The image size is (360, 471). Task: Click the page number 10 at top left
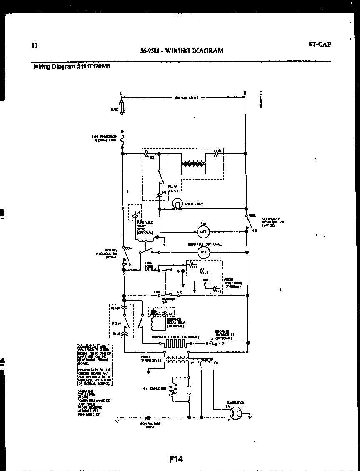34,45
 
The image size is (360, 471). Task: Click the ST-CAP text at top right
320,44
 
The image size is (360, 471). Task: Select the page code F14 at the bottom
176,459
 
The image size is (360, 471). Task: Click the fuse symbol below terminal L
122,109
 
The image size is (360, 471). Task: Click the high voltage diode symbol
147,417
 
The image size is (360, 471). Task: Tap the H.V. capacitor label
154,388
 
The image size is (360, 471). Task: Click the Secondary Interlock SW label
273,222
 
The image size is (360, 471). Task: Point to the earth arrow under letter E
260,102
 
